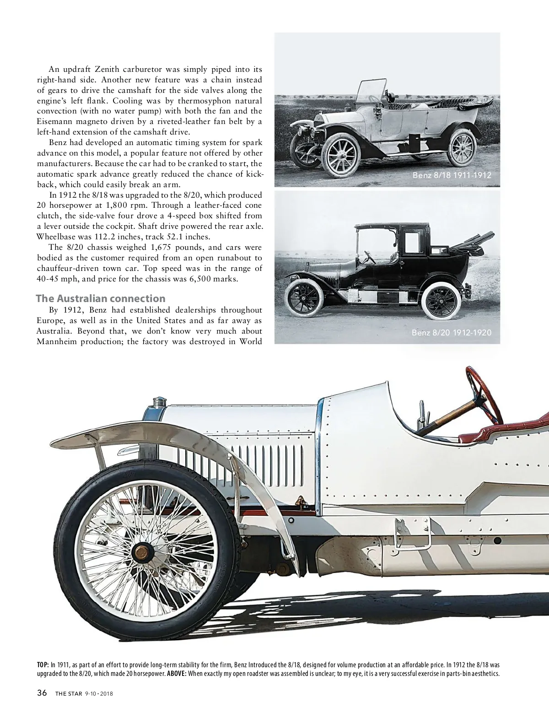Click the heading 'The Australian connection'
click(x=100, y=299)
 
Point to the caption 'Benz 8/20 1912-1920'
click(x=452, y=333)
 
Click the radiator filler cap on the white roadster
click(x=159, y=402)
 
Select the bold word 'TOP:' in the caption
click(x=43, y=664)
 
